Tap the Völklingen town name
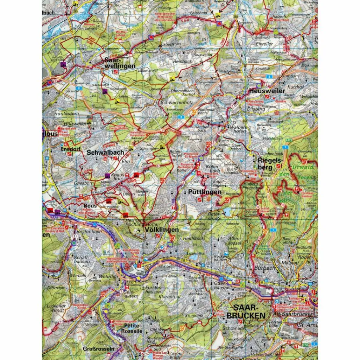pyautogui.click(x=161, y=230)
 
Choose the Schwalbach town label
pyautogui.click(x=105, y=153)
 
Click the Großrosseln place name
pyautogui.click(x=98, y=349)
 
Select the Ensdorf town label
pyautogui.click(x=69, y=149)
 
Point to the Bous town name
pyautogui.click(x=90, y=206)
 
